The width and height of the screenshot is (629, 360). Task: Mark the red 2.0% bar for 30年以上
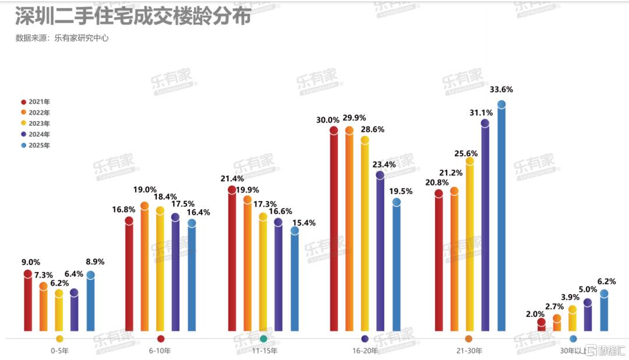(x=541, y=326)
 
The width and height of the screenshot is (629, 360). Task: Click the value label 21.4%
(x=231, y=177)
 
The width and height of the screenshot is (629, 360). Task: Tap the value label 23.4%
(x=384, y=164)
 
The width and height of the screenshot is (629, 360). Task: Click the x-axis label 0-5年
(x=59, y=351)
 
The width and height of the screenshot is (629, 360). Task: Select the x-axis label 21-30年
(x=469, y=351)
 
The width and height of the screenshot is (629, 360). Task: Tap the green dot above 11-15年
(x=263, y=338)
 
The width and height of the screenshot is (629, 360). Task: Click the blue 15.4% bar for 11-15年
(x=295, y=283)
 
